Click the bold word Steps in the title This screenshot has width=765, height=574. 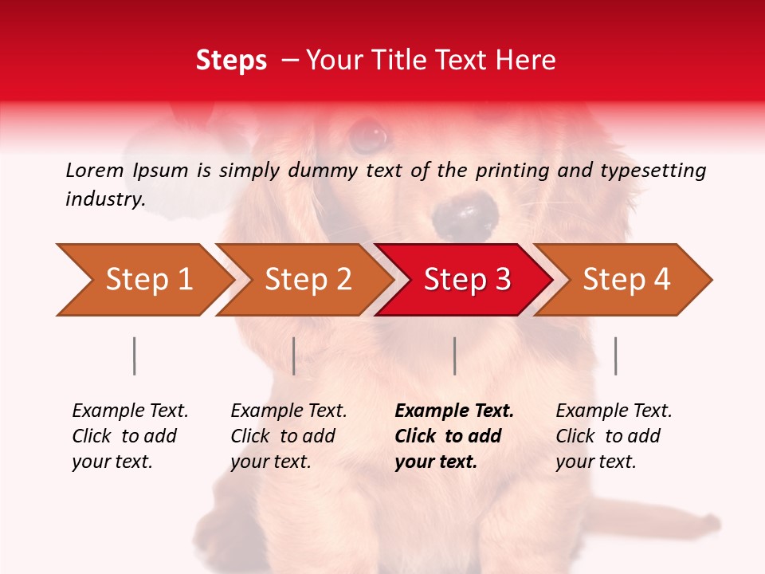[x=231, y=61]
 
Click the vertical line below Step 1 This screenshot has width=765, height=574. [x=135, y=356]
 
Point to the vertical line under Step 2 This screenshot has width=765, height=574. [x=294, y=356]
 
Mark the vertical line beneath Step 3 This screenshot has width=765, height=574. [x=454, y=356]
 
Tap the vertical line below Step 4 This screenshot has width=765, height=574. [x=615, y=356]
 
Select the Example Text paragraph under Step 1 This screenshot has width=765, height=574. [x=130, y=436]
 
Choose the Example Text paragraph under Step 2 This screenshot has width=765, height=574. [x=288, y=436]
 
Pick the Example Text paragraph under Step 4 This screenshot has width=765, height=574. [x=614, y=436]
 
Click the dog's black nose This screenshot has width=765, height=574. [x=465, y=214]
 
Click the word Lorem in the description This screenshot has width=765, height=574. [x=95, y=170]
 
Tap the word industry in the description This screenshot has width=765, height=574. [x=104, y=199]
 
